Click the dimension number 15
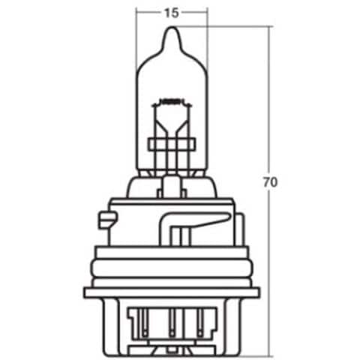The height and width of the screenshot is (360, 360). coord(172,13)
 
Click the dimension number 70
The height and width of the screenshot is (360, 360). coord(270,182)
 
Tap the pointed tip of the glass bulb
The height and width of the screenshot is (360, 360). coord(172,27)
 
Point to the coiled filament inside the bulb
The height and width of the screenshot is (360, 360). coord(172,102)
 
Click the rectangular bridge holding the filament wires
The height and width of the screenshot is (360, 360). coord(172,145)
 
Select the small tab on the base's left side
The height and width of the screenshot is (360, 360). coord(107,220)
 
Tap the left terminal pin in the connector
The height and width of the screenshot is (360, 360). coord(145,322)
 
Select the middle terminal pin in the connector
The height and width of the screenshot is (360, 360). coord(172,322)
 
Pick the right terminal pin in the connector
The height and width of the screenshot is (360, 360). coord(199,322)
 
